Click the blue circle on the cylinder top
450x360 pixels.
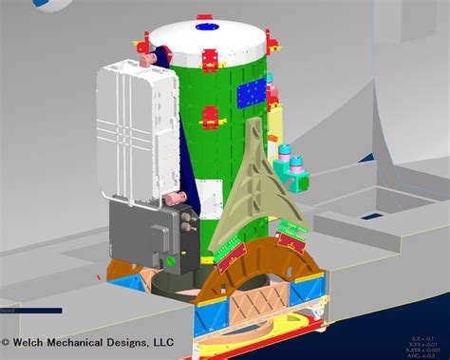pos(205,28)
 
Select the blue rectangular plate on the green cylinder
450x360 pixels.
pos(249,92)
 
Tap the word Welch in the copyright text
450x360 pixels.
pos(37,343)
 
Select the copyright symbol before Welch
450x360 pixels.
pos(7,343)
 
